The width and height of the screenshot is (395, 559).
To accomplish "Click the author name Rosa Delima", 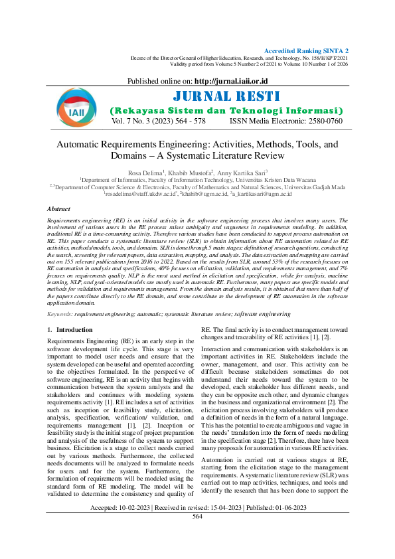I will (x=146, y=172).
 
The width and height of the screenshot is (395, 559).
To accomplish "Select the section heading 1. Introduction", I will (x=65, y=329).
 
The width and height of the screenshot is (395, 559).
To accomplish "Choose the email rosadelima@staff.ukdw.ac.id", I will (x=137, y=194).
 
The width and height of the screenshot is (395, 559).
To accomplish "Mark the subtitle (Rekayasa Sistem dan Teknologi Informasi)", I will (x=226, y=110).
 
